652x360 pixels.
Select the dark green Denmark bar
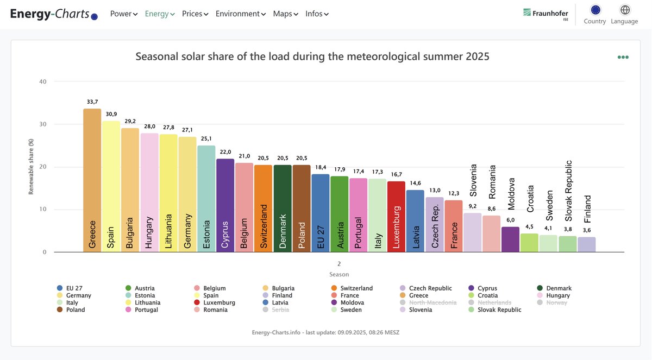point(282,209)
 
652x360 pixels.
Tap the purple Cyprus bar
point(225,206)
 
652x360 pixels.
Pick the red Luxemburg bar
point(396,217)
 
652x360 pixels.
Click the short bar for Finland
point(586,245)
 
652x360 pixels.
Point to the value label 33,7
point(92,102)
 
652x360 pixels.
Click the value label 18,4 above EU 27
point(320,167)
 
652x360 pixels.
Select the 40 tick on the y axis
point(43,82)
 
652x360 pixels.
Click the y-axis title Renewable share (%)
point(31,167)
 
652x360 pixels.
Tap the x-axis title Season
point(339,274)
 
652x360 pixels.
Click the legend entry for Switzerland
point(356,288)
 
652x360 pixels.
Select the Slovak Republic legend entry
point(499,310)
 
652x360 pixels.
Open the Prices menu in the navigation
point(195,14)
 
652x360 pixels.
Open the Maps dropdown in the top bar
point(285,14)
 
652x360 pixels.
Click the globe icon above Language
point(625,10)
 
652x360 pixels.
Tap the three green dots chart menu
point(623,57)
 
